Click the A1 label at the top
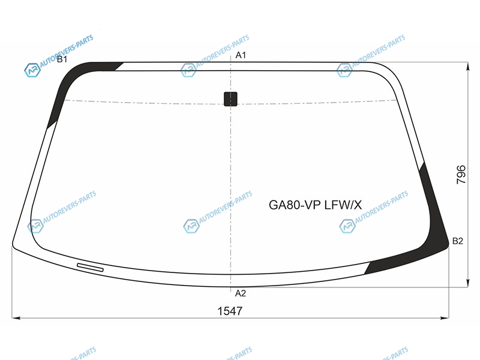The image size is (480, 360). pos(241,55)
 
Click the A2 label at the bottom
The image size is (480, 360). pos(241,293)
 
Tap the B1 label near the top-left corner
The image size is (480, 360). pos(62,59)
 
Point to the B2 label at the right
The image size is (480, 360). pos(458,241)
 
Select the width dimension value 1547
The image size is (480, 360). pos(230,311)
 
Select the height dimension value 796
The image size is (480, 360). pos(461,175)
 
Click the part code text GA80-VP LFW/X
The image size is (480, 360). pos(316,205)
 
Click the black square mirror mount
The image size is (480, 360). pos(230,99)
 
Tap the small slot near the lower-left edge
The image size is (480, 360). pos(91,267)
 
